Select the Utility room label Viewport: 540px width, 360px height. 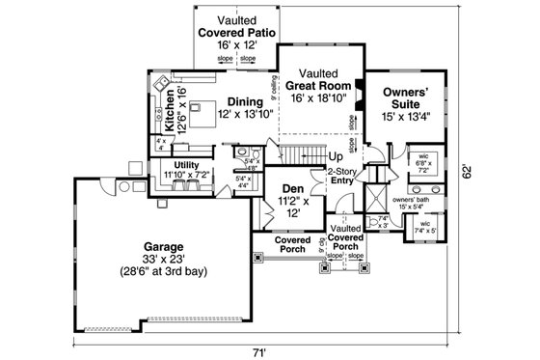pos(187,165)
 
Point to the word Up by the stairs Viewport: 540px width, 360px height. pos(336,156)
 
